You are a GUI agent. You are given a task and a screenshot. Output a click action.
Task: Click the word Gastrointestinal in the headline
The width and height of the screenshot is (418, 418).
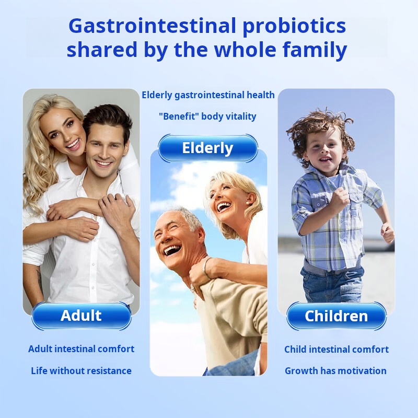tap(152, 26)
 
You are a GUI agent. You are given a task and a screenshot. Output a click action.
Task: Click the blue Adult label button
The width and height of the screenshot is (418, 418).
tap(82, 316)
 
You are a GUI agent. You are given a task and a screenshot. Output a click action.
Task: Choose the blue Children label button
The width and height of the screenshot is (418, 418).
tap(336, 316)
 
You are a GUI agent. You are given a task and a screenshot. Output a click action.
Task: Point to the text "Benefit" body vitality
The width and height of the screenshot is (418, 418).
tap(207, 117)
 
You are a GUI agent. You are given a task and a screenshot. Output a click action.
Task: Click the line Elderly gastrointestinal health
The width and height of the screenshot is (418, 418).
tap(208, 95)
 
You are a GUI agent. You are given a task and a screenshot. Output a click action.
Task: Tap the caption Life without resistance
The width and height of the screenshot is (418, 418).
tap(82, 371)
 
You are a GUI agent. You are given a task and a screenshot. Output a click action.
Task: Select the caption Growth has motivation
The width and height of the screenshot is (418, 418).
tap(335, 371)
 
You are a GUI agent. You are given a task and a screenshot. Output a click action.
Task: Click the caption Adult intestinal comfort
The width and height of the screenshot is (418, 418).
tap(82, 349)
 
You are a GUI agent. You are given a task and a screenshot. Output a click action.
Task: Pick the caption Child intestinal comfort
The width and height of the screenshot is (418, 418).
tap(336, 349)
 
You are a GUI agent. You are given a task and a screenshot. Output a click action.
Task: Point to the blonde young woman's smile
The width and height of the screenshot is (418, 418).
tap(73, 144)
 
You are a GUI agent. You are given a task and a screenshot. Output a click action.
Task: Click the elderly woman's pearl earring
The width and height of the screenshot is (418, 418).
tap(246, 203)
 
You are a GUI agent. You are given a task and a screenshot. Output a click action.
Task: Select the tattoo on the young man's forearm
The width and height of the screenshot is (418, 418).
tap(40, 280)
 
